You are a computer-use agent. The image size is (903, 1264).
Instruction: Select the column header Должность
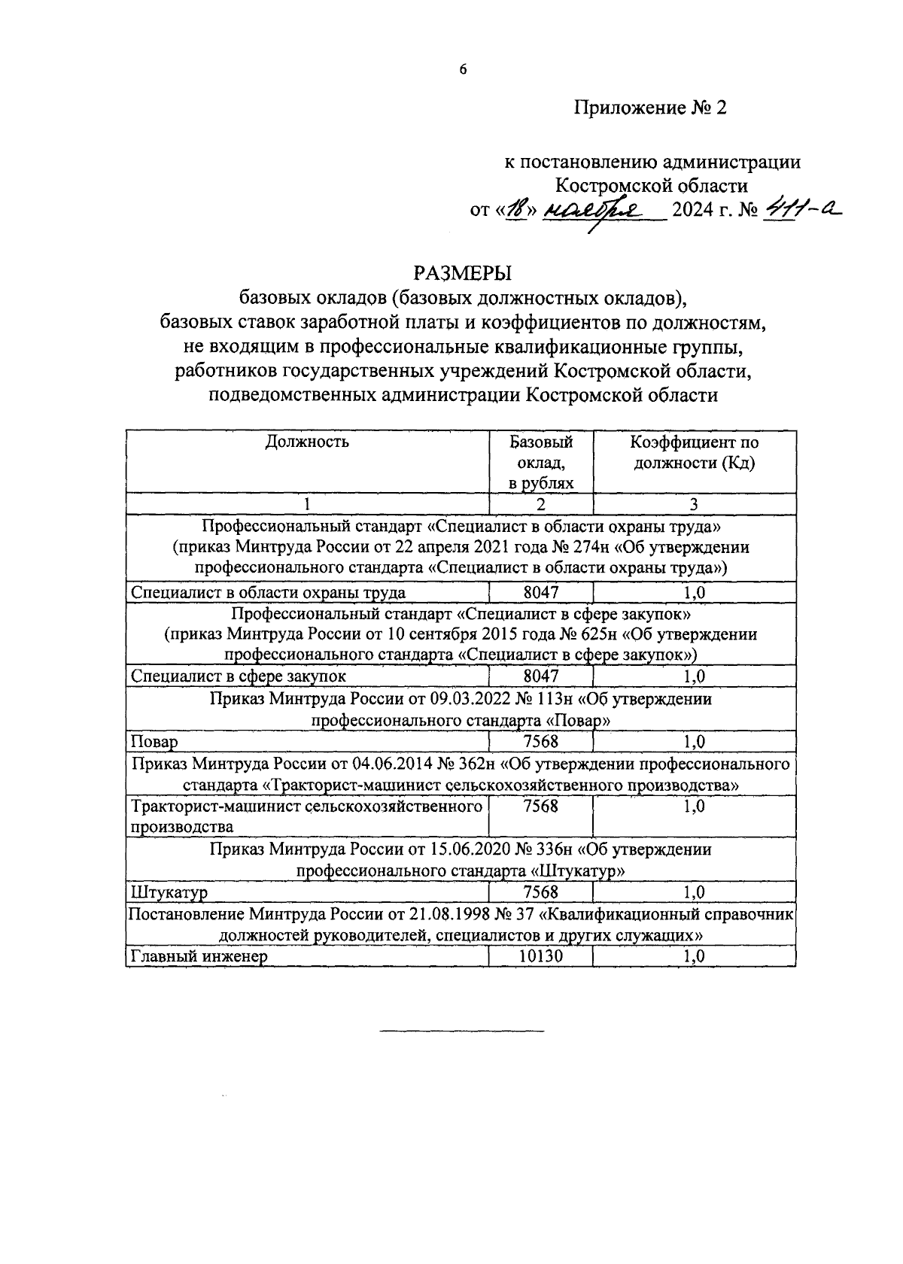(307, 442)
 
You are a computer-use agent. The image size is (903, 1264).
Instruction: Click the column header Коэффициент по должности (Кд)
(694, 452)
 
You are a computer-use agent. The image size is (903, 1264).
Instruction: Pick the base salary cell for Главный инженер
(540, 956)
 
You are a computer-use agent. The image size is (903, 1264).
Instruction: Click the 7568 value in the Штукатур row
(540, 892)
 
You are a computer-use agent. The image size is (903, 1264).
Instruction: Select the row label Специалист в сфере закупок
(239, 676)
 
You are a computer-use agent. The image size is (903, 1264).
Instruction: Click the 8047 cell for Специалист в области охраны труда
(540, 592)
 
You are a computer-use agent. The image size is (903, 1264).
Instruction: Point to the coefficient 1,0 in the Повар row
(694, 742)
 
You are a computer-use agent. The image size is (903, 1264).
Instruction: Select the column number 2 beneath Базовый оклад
(540, 504)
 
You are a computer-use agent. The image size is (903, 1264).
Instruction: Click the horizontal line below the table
(461, 1029)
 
